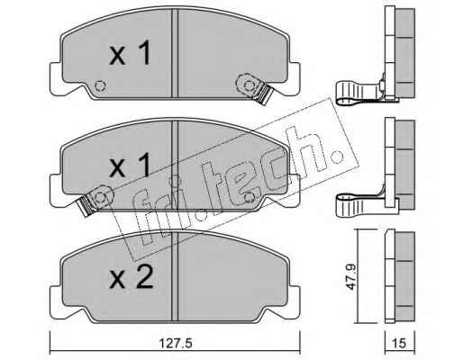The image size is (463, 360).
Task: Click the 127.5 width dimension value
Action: (175, 344)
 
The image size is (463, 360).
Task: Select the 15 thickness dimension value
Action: (399, 344)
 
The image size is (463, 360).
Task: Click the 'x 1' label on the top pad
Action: (130, 53)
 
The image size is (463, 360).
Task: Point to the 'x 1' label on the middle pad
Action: (130, 165)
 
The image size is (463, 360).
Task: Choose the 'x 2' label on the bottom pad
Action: (131, 277)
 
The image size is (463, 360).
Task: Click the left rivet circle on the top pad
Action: (100, 86)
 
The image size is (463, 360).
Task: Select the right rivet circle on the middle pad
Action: (250, 198)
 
